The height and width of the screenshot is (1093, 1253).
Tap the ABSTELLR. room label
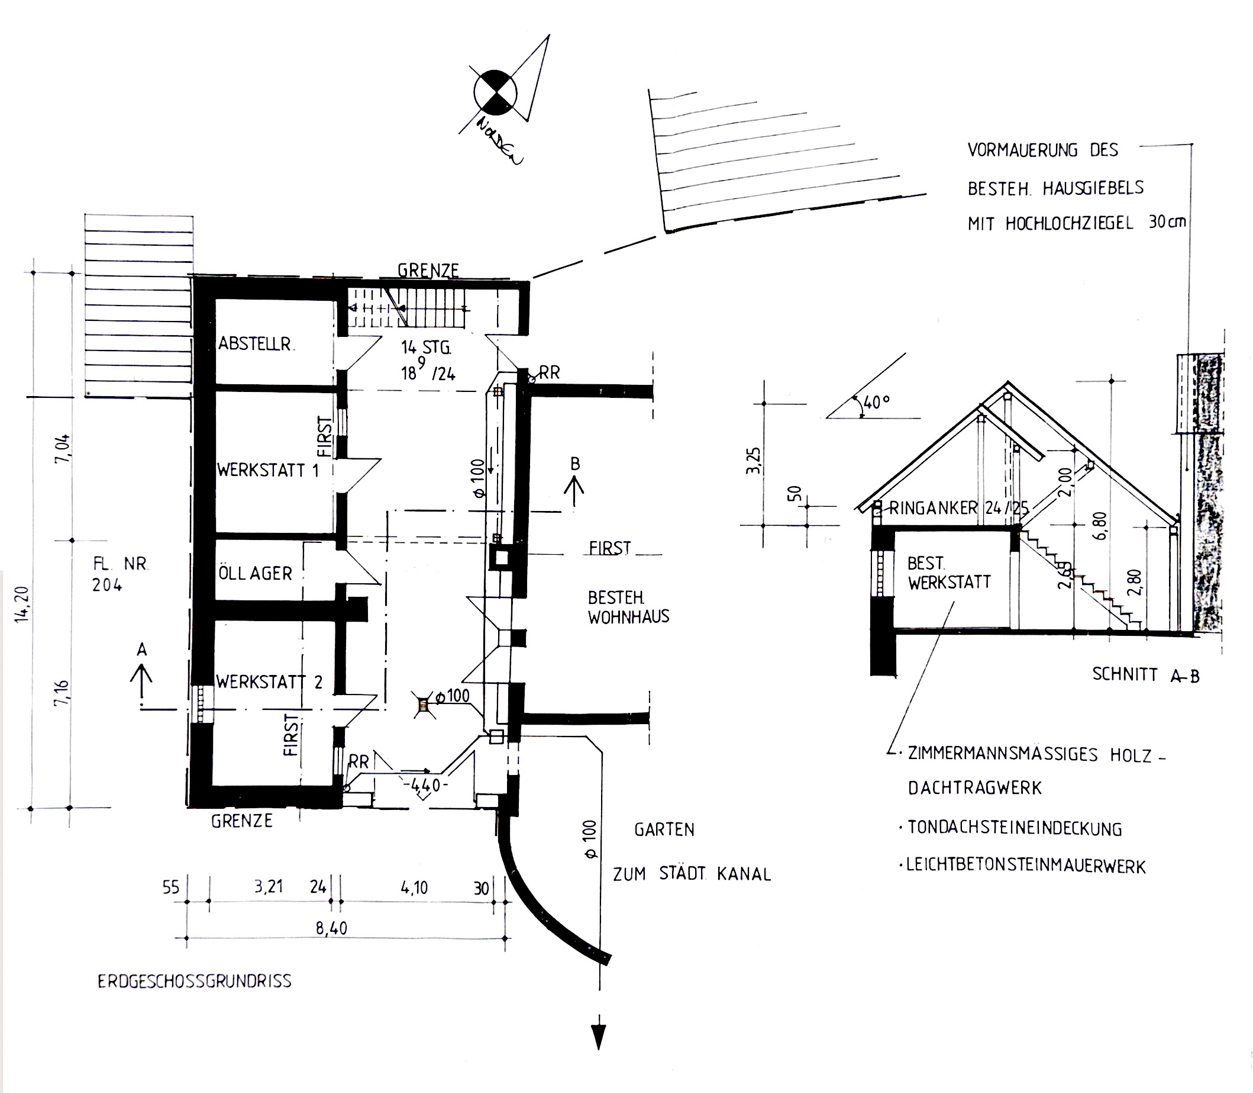[256, 344]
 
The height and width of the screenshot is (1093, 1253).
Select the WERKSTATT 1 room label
[268, 470]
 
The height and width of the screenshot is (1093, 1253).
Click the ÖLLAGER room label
[256, 573]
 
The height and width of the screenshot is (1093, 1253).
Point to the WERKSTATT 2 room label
[269, 681]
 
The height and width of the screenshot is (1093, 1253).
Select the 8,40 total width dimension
[331, 928]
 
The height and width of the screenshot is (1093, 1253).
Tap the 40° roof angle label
[876, 402]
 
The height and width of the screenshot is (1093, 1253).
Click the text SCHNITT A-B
[1146, 674]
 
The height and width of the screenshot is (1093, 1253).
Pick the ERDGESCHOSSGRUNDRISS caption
[195, 981]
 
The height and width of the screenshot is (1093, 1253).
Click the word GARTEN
[664, 830]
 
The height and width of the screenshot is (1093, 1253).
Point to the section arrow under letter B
[574, 492]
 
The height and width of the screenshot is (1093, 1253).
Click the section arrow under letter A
[142, 681]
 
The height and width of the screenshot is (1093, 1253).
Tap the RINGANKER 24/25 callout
[958, 508]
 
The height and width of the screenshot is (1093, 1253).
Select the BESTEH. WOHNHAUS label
[628, 607]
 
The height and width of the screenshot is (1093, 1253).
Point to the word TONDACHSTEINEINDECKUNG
[1015, 828]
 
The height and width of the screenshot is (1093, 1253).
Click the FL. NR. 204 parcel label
[121, 574]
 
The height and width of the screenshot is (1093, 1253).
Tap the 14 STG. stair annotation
[426, 348]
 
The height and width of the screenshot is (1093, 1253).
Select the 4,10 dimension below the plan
[415, 888]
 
